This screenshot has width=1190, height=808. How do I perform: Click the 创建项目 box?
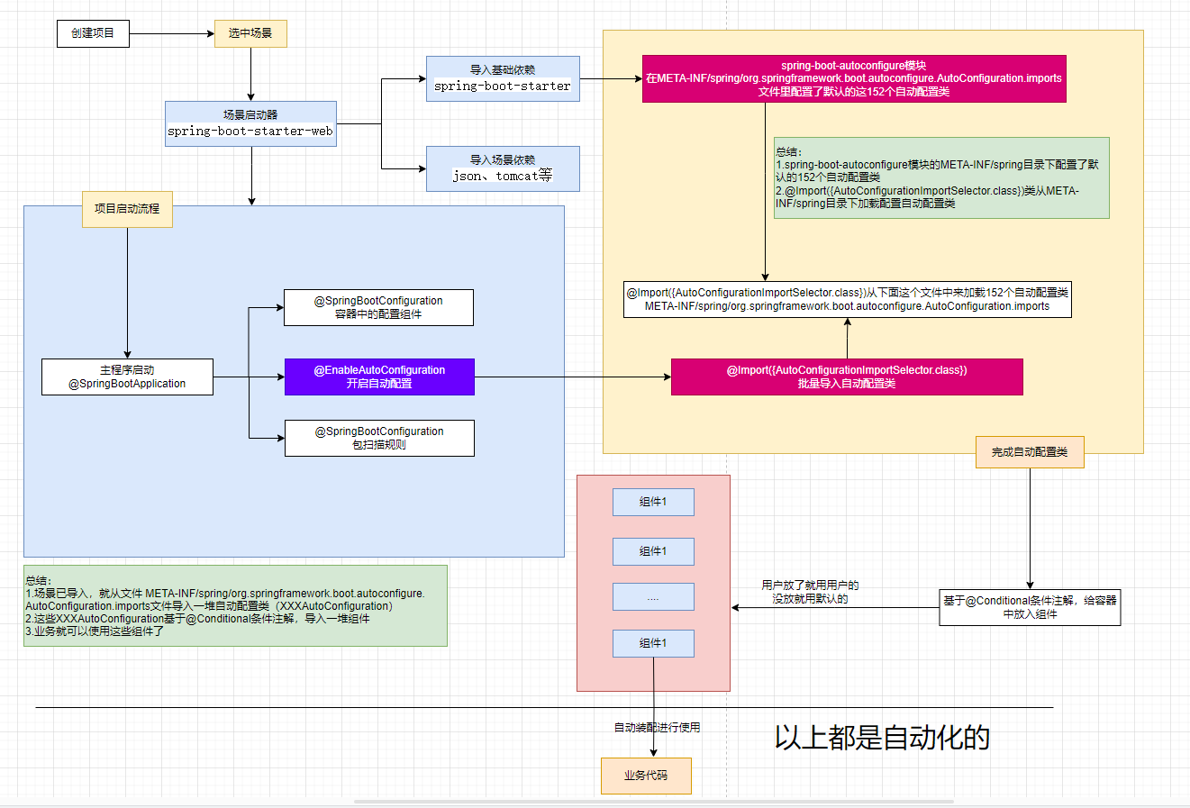(93, 33)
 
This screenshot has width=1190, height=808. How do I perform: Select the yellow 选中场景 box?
(250, 33)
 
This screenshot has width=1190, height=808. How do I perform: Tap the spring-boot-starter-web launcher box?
(250, 123)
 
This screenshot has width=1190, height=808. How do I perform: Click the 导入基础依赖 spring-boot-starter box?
(503, 78)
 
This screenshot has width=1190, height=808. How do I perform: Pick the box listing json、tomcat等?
(503, 168)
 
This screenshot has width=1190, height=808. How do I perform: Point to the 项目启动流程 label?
(127, 209)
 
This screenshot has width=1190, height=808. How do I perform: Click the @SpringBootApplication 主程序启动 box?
(127, 377)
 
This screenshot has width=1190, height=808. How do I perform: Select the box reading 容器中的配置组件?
(378, 307)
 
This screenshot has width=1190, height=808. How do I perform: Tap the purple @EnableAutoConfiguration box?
(379, 377)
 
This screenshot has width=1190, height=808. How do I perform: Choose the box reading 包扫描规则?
(379, 438)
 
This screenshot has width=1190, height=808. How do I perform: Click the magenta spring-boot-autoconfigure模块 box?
(853, 78)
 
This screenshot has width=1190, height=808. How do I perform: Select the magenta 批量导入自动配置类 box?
(847, 377)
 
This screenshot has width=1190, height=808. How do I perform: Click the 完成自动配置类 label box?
(1030, 452)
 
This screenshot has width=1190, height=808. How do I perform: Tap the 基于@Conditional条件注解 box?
(1030, 607)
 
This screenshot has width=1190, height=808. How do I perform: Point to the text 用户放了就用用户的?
(810, 586)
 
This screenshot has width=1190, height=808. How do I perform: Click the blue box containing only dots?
(653, 596)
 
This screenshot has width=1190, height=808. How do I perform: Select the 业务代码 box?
(646, 776)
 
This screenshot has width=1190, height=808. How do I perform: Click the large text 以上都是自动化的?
(882, 738)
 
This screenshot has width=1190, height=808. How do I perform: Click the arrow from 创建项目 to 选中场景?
(171, 34)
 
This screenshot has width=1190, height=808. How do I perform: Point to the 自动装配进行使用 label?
(657, 728)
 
